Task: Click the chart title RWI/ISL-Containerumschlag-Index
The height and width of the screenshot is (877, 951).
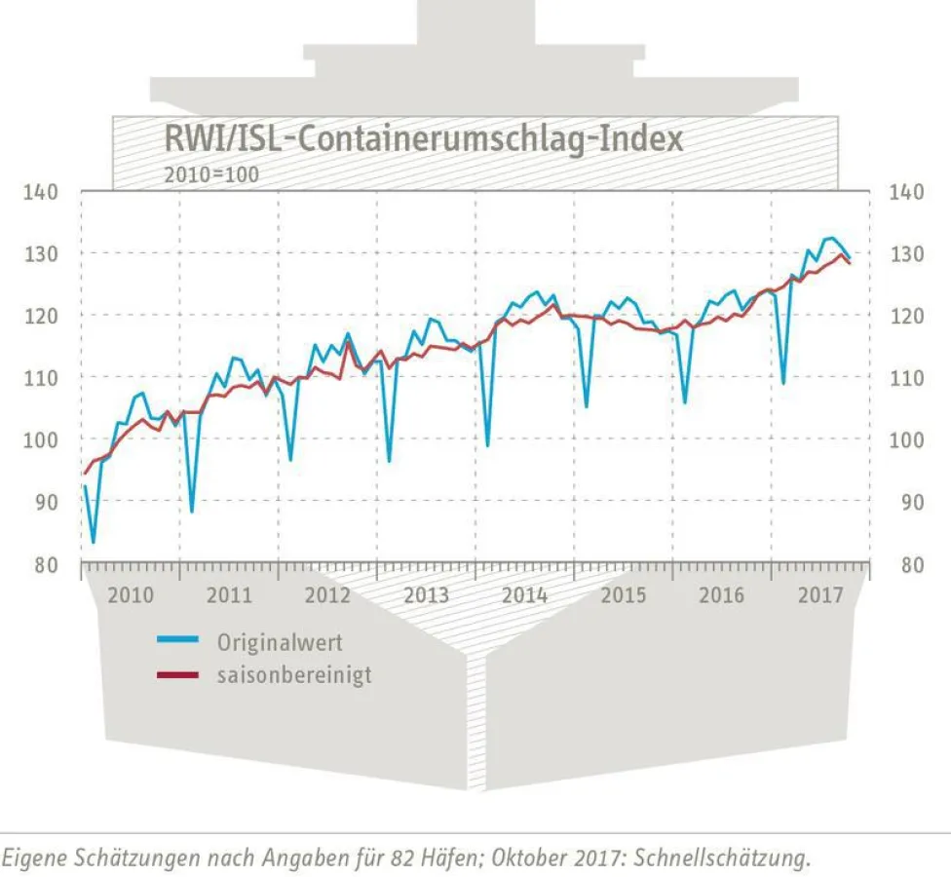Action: pos(423,138)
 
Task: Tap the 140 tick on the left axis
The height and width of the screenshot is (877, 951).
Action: pos(41,192)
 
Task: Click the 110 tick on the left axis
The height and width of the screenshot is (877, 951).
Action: pos(41,378)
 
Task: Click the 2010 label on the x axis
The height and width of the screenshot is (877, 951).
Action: pos(131,595)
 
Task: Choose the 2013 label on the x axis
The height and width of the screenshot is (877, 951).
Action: pos(426,595)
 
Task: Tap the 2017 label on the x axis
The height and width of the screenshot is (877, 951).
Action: pos(820,595)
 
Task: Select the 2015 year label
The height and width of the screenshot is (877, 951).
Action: pos(624,595)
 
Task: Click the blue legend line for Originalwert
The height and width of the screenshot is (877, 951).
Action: pos(178,640)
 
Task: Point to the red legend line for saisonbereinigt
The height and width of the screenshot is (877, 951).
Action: pos(178,674)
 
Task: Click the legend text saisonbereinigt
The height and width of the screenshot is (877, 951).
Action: pos(294,674)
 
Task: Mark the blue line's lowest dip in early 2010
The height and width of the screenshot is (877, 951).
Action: pos(94,542)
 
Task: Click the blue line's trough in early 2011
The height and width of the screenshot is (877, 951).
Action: pos(191,511)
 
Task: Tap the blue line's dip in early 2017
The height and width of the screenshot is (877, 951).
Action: pos(782,382)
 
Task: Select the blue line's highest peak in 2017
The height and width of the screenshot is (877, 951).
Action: pos(829,238)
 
